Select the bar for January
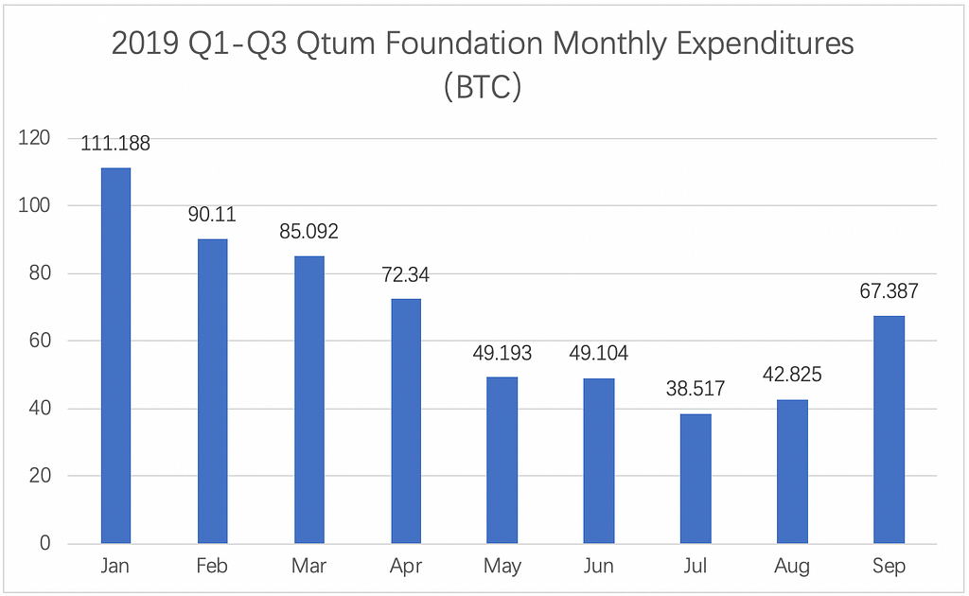(115, 356)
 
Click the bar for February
(212, 392)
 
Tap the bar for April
(406, 421)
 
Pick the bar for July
(696, 479)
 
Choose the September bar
(890, 429)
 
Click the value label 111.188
(115, 144)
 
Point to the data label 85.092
(308, 232)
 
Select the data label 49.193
(502, 354)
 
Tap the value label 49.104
(599, 354)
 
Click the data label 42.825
(792, 375)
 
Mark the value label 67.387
(890, 291)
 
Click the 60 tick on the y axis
(39, 341)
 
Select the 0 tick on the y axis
(44, 544)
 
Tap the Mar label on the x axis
(308, 567)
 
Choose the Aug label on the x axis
(792, 567)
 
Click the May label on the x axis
(502, 567)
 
